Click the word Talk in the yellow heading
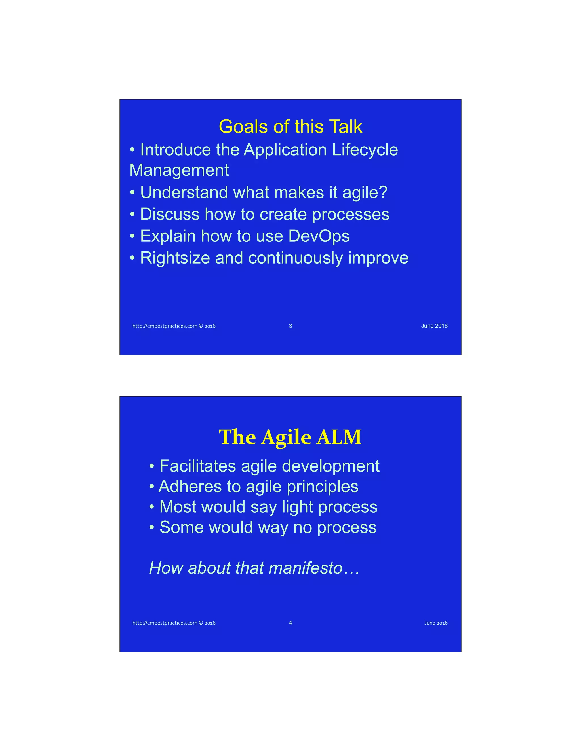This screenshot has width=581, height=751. pos(346,127)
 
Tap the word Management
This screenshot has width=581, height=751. pos(179,170)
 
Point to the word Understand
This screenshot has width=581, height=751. pos(184,192)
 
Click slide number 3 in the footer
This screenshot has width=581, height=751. pos(290,326)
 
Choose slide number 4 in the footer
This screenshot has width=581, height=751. pos(290,623)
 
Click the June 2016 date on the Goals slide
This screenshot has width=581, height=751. pos(434,326)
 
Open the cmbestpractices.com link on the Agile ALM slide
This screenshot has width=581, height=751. pos(174,623)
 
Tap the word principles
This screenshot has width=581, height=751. pos(323,487)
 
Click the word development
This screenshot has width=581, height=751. pos(331,466)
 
